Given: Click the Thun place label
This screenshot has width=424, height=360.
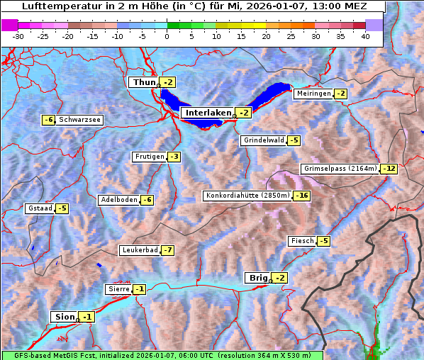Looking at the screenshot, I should tap(143, 83).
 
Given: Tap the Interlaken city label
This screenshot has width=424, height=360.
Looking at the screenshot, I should tap(208, 113).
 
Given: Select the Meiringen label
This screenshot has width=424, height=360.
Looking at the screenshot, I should tap(313, 94).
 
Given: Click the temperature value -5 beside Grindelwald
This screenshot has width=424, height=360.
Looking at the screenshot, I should tap(294, 140).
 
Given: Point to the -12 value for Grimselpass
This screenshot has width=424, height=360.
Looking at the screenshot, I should tap(389, 169).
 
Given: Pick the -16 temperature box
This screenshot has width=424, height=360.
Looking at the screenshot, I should tap(303, 196).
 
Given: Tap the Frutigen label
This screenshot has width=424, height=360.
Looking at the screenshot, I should tap(149, 157).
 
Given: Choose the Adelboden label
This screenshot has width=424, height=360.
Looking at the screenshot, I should tap(118, 200).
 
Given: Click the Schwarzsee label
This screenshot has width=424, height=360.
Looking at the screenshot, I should tap(79, 120).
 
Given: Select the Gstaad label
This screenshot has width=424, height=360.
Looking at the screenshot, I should tap(40, 208).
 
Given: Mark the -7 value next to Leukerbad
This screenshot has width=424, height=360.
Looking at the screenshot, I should tap(167, 250).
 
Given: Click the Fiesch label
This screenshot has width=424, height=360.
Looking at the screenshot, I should tap(302, 241).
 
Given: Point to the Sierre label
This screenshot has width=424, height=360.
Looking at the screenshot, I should tap(118, 289).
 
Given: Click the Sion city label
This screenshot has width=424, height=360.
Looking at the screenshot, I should tap(63, 317).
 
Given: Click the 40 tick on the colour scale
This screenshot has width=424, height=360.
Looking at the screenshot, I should tap(365, 36).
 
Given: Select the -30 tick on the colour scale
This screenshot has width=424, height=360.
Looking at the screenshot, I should tap(18, 36).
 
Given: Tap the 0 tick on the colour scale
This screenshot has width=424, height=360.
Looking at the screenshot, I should tap(167, 36).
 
